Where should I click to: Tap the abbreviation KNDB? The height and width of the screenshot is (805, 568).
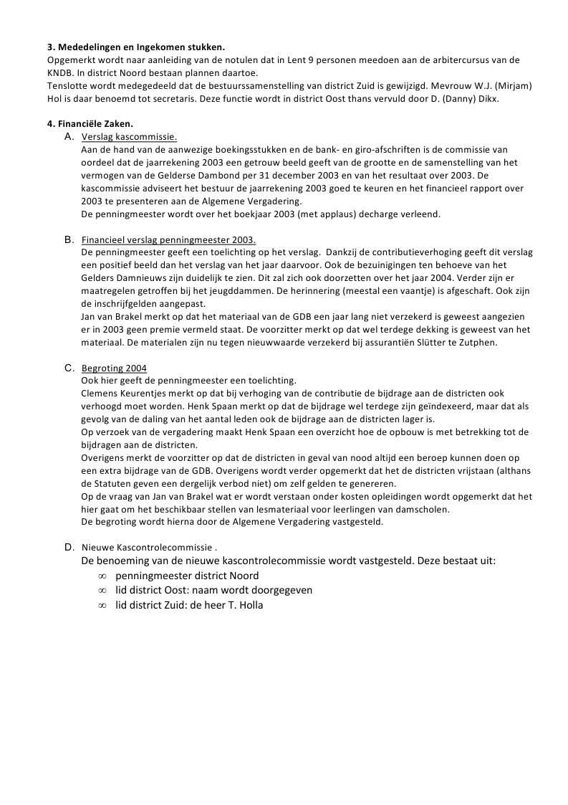click(62, 72)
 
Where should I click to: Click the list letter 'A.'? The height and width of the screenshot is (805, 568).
click(69, 136)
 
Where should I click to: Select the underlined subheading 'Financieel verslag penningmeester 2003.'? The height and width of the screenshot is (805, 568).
click(169, 239)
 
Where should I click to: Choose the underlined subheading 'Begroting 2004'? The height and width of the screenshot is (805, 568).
click(115, 368)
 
